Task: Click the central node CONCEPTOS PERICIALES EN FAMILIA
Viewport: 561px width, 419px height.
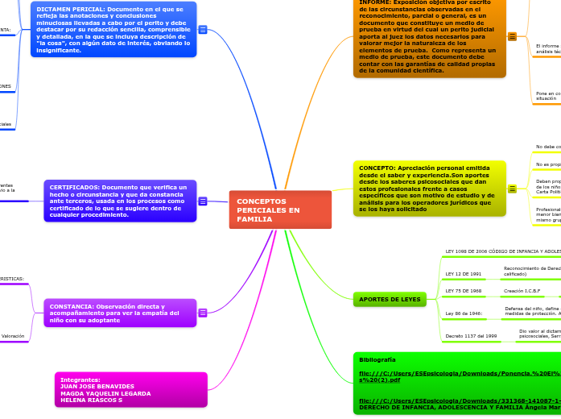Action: (x=279, y=209)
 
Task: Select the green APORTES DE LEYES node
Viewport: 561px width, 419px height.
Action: (x=390, y=300)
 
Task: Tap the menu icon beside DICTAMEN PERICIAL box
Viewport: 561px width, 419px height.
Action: (x=203, y=30)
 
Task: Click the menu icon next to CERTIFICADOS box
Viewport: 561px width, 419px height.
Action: (x=203, y=201)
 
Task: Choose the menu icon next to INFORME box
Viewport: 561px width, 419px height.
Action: (x=512, y=36)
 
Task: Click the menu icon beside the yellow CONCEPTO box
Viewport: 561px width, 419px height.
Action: (x=512, y=189)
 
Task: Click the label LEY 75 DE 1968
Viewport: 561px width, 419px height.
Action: (x=464, y=291)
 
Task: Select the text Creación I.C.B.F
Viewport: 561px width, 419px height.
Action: (x=522, y=291)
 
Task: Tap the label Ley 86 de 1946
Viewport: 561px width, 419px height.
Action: (x=464, y=313)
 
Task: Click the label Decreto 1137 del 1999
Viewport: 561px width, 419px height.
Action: (x=471, y=335)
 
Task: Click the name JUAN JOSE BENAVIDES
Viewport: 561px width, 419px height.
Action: (x=97, y=386)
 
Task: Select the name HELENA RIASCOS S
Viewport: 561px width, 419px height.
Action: (x=91, y=400)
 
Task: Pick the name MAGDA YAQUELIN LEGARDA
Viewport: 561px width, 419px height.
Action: (x=105, y=393)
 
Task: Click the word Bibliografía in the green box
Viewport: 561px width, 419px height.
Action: (x=377, y=359)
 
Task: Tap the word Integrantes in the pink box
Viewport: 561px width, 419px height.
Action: (x=80, y=380)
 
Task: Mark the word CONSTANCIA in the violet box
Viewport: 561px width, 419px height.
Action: (x=72, y=306)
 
